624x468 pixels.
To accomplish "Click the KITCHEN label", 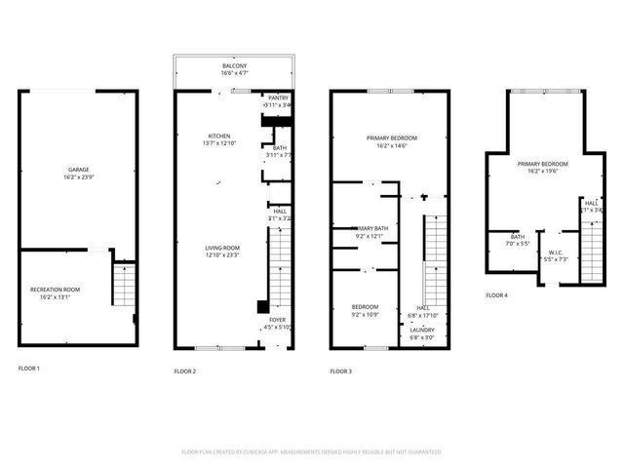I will (220, 136).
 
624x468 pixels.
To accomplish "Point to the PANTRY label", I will (278, 98).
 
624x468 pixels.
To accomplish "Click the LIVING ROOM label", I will (221, 248).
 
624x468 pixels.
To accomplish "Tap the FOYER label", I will (278, 320).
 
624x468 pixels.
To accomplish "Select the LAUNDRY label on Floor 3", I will (422, 331).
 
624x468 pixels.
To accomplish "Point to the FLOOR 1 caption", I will (30, 368).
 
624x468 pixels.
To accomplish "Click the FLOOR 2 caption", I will (185, 371).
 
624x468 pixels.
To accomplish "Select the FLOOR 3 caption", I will (340, 371).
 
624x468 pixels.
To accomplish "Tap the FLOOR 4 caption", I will (496, 294).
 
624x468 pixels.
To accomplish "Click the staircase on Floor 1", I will (125, 285).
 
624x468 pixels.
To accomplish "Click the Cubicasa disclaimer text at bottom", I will (312, 451).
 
